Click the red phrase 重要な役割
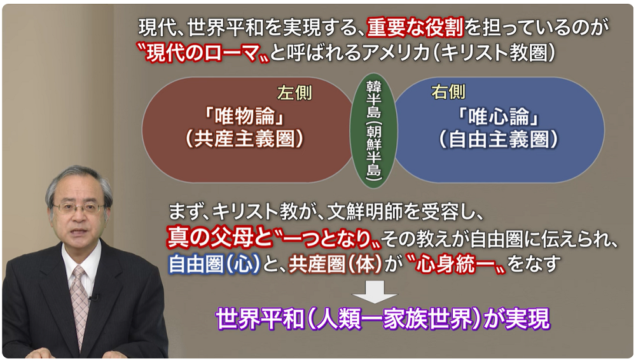[415, 27]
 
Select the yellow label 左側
[294, 93]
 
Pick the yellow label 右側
[448, 92]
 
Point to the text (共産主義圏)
[245, 139]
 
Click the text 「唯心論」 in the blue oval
[499, 117]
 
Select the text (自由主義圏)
[499, 139]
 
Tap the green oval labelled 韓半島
[373, 130]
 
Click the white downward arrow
[375, 291]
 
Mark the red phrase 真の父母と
[219, 239]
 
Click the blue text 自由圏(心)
[214, 264]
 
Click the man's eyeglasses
[78, 209]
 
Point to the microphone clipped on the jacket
[93, 298]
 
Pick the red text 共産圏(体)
[335, 264]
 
